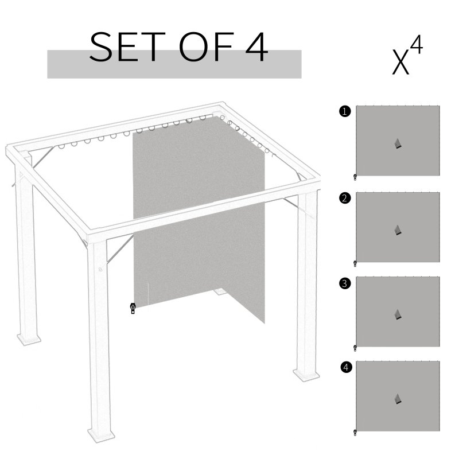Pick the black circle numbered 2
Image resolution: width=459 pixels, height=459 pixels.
tap(344, 199)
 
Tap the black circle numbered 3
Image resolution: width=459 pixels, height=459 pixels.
tap(344, 283)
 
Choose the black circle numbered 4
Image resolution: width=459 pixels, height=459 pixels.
tap(344, 368)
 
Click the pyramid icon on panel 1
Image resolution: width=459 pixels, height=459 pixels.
tap(398, 144)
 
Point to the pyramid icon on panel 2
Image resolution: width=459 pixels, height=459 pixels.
tap(398, 229)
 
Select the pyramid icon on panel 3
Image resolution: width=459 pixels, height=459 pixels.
tap(398, 314)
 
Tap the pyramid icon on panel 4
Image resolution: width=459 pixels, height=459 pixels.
tap(398, 399)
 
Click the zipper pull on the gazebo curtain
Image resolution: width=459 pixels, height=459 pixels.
tap(133, 309)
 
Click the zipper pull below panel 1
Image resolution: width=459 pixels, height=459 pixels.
tap(355, 177)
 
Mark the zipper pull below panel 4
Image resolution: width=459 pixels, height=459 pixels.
tap(355, 433)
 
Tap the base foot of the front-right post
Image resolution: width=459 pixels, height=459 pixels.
tap(306, 374)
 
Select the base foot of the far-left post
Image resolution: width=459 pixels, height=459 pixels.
tap(28, 339)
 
